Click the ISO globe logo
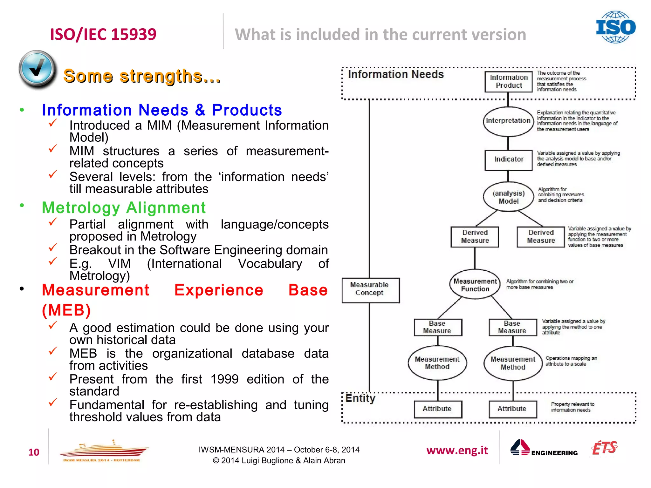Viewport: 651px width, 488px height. pos(615,27)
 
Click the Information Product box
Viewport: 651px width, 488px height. pos(508,82)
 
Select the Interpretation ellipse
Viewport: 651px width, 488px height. pos(508,121)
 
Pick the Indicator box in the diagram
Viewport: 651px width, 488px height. pos(508,159)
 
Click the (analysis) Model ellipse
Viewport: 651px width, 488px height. pos(508,197)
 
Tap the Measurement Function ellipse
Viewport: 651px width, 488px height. pos(475,285)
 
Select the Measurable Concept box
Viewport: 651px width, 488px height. pos(370,289)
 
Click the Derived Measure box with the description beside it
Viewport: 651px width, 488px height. pos(541,237)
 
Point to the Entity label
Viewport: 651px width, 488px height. pos(360,398)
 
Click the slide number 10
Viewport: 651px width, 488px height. pos(34,452)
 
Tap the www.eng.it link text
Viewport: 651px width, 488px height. pos(457,451)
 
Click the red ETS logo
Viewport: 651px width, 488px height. pos(604,448)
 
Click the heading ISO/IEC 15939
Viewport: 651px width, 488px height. pos(103,34)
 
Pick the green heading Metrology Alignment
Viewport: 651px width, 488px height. pos(124,208)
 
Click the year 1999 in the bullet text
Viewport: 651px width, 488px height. pos(224,379)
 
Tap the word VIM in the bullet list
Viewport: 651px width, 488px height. pos(119,264)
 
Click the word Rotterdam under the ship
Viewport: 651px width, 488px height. pos(127,460)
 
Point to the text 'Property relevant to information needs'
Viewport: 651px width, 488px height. pos(572,407)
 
